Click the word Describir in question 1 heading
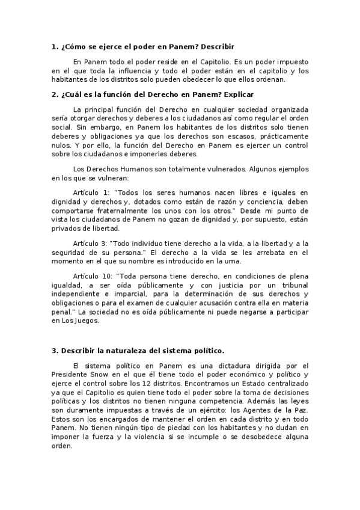point(217,46)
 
